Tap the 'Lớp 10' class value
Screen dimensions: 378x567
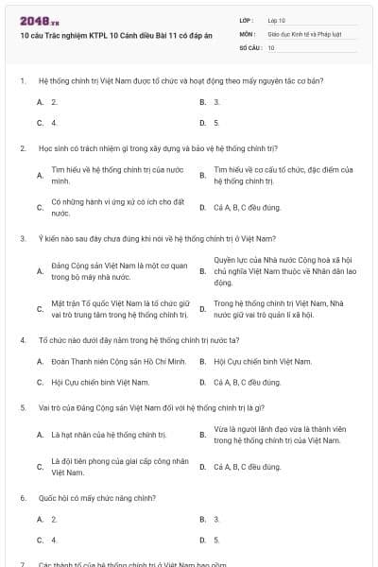click(x=277, y=20)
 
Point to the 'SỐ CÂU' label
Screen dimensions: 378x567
click(x=249, y=46)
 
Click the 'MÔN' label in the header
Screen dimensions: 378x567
click(x=247, y=33)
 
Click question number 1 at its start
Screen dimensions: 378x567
click(x=22, y=81)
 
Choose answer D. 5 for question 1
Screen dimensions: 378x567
click(x=216, y=123)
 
